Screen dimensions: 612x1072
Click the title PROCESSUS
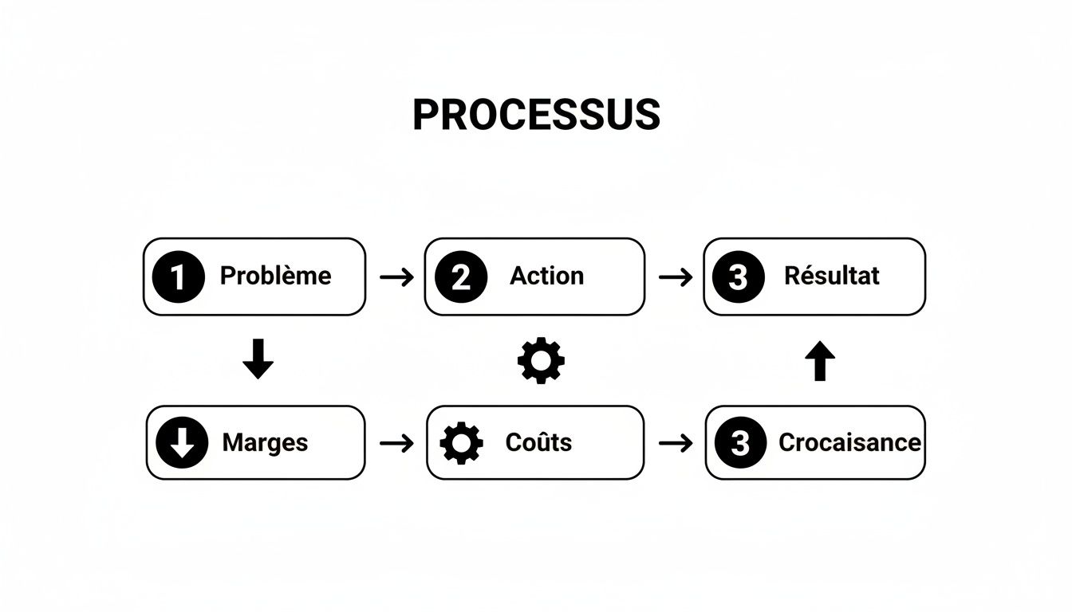tap(536, 116)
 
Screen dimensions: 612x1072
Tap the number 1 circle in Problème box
tap(178, 277)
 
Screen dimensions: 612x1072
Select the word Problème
tap(275, 276)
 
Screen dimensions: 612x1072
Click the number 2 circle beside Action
tap(461, 277)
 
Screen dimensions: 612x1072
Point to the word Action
tap(546, 276)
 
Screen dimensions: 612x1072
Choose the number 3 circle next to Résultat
tap(738, 277)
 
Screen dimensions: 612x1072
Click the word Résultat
tap(831, 276)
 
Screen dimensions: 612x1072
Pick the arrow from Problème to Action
tap(396, 277)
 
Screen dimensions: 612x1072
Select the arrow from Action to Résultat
tap(676, 277)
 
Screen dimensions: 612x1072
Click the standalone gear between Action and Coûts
tap(541, 360)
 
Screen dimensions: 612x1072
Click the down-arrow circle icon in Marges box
tap(182, 442)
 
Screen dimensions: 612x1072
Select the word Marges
tap(265, 442)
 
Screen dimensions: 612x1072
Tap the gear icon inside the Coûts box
tap(462, 443)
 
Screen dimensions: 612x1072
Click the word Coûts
tap(538, 442)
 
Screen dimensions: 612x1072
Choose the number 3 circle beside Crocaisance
tap(740, 442)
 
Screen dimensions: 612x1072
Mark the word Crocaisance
tap(849, 442)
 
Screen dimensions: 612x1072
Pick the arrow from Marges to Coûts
tap(396, 442)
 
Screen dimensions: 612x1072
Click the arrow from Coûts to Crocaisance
tap(676, 442)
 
